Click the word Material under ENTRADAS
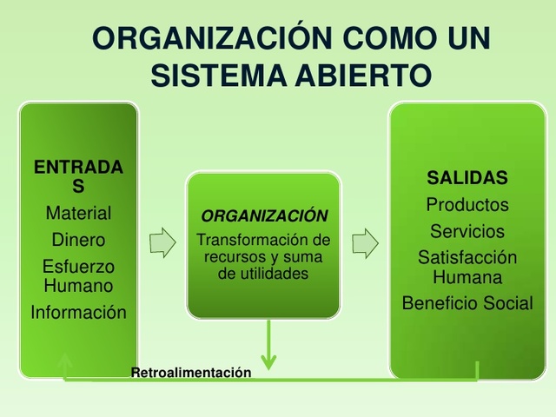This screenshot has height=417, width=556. [78, 213]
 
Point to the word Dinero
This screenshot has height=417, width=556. [78, 240]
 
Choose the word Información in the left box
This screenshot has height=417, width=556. [78, 313]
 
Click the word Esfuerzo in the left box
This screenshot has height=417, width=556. [78, 267]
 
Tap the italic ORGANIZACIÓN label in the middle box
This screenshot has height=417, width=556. [264, 216]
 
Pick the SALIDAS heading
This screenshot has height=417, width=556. [467, 178]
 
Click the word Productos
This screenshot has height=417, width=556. [467, 205]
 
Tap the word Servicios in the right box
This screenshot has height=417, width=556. [467, 232]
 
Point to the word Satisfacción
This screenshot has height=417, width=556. [467, 258]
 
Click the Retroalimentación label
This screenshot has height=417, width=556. [191, 373]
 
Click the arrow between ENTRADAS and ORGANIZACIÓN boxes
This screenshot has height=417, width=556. [162, 243]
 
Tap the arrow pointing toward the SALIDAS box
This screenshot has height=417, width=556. [365, 243]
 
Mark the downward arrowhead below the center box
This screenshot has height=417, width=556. [268, 359]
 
